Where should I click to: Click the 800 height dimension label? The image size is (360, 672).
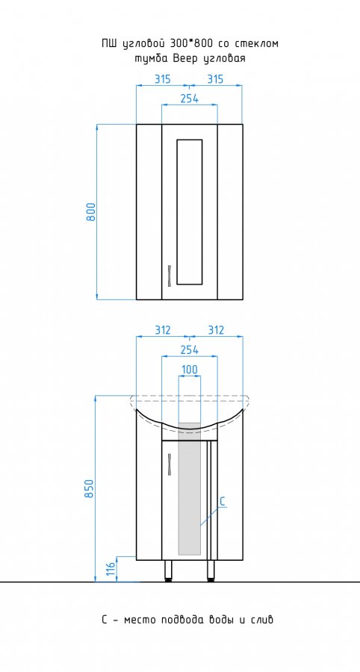pyautogui.click(x=91, y=211)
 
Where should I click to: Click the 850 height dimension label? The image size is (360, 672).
pyautogui.click(x=89, y=488)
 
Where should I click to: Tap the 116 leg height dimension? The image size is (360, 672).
pyautogui.click(x=110, y=568)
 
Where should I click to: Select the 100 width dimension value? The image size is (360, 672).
pyautogui.click(x=189, y=370)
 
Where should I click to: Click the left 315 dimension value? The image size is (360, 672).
pyautogui.click(x=162, y=79)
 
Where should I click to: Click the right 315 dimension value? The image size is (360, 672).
pyautogui.click(x=215, y=79)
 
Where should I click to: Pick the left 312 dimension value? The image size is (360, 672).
pyautogui.click(x=162, y=330)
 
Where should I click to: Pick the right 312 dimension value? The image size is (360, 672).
pyautogui.click(x=216, y=330)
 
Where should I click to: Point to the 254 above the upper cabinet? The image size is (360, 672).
pyautogui.click(x=190, y=99)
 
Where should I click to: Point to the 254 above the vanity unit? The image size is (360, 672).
pyautogui.click(x=190, y=349)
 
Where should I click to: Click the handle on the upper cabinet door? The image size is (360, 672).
pyautogui.click(x=170, y=275)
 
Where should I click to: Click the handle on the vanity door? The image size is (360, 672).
pyautogui.click(x=170, y=464)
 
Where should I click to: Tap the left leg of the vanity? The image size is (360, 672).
pyautogui.click(x=169, y=570)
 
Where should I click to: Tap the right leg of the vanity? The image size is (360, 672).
pyautogui.click(x=211, y=570)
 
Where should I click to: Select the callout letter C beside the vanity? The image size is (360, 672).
pyautogui.click(x=223, y=502)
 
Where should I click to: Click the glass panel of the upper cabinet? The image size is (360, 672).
pyautogui.click(x=190, y=212)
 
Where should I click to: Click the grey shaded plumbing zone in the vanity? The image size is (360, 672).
pyautogui.click(x=190, y=488)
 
